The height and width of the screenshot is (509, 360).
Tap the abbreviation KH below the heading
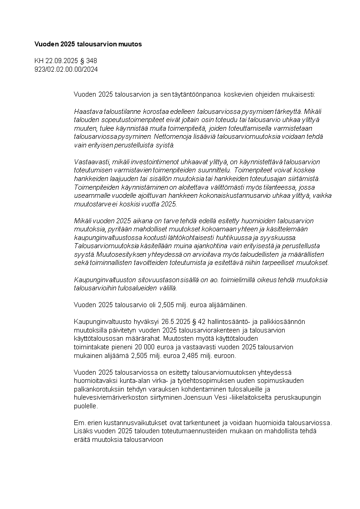(39, 61)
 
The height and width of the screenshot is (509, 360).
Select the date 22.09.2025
(62, 61)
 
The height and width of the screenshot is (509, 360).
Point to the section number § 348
(88, 61)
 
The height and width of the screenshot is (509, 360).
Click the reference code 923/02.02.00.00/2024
(66, 69)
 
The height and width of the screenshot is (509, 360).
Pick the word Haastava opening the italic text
(88, 111)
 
